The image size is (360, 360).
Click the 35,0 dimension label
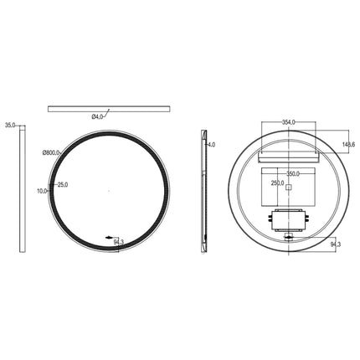(10, 125)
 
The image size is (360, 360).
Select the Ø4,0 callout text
(98, 117)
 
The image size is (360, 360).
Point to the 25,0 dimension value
(62, 184)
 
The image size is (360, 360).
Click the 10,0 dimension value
(42, 192)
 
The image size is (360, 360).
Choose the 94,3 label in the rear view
(336, 244)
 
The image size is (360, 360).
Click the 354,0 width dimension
(289, 122)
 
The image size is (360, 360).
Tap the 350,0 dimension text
(292, 174)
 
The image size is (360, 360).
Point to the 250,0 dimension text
(278, 183)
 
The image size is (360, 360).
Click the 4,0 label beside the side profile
(211, 144)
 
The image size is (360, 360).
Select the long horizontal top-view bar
(109, 108)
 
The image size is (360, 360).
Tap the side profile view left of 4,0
(203, 190)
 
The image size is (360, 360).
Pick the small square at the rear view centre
(288, 189)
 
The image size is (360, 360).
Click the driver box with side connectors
(288, 219)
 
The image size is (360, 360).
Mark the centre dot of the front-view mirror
(109, 191)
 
